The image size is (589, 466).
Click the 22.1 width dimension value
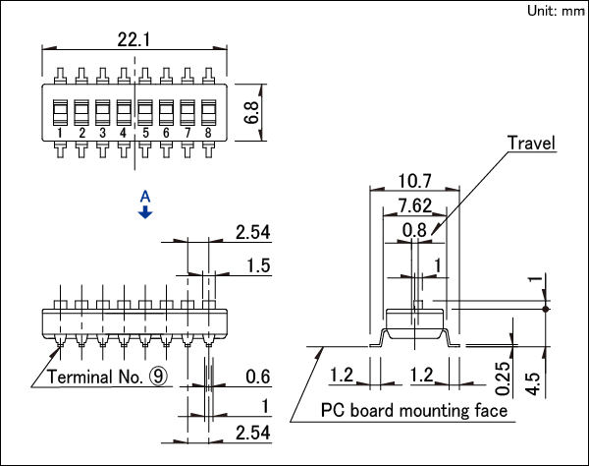[134, 39]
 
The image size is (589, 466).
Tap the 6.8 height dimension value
[251, 112]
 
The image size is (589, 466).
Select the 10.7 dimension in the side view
[414, 181]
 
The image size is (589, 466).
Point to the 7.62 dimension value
[414, 205]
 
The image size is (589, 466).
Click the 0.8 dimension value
[414, 230]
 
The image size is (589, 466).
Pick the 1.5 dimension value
[258, 265]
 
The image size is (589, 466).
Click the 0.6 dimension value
[258, 377]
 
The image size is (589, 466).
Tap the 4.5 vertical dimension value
[535, 384]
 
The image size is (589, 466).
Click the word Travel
[531, 143]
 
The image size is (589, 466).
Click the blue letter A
[145, 197]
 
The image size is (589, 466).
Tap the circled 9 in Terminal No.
[158, 377]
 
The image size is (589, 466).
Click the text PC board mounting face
[414, 410]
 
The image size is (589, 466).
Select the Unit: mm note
[556, 11]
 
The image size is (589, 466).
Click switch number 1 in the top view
[60, 133]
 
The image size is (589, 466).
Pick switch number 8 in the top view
[208, 133]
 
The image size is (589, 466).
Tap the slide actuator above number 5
[145, 112]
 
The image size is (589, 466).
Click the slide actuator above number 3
[102, 112]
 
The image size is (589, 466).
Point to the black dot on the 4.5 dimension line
[546, 309]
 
